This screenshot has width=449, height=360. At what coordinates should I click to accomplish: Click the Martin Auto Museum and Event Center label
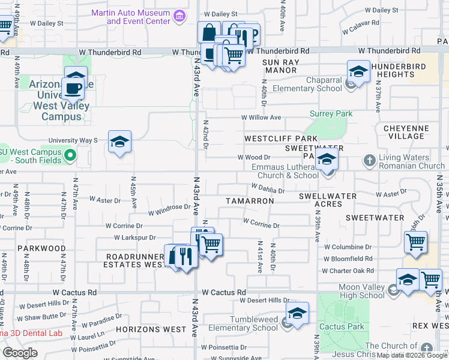(130, 17)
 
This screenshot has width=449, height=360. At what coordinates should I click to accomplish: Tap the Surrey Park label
(331, 113)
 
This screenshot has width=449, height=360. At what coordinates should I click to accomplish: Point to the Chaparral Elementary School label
(307, 84)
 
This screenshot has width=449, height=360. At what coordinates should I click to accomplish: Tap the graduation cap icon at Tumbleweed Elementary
(297, 313)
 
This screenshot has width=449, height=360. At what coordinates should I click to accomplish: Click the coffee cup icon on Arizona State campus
(76, 88)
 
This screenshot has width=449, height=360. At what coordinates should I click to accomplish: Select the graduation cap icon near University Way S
(119, 142)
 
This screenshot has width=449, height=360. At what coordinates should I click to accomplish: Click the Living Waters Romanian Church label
(411, 161)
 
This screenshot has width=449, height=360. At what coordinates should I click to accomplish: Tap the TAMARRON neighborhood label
(250, 201)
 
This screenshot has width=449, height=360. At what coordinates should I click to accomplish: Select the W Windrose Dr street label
(169, 208)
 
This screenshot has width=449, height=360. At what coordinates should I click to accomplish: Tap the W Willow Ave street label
(261, 118)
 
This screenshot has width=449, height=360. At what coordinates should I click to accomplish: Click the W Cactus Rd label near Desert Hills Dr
(224, 292)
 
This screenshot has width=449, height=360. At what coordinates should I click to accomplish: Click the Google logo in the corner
(20, 353)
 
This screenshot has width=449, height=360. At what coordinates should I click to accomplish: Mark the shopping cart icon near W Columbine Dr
(415, 242)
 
